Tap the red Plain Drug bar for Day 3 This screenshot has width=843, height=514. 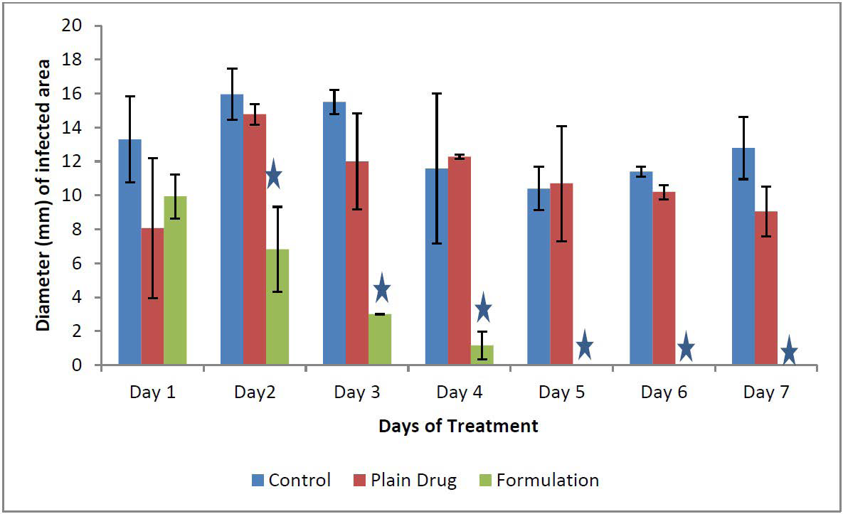click(x=357, y=263)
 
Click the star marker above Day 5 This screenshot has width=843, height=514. click(x=584, y=345)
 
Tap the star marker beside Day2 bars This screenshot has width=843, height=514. click(x=274, y=175)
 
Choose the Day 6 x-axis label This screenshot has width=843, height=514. click(x=664, y=392)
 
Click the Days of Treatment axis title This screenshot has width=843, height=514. click(x=458, y=427)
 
